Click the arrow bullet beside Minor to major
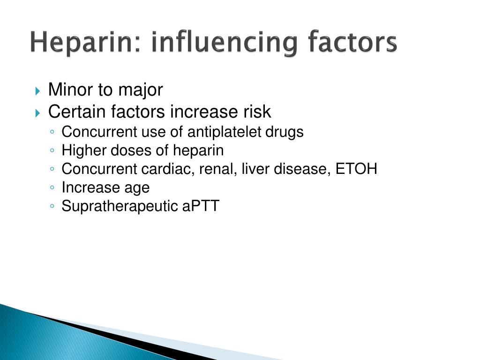tap(37, 91)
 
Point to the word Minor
tap(70, 90)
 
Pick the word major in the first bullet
tap(141, 90)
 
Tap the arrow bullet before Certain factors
tap(37, 113)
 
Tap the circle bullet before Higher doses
tap(52, 150)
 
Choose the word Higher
tap(83, 151)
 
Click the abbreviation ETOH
tap(356, 169)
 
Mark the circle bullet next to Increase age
tap(52, 187)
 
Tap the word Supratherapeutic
tap(120, 206)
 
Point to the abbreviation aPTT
tap(201, 206)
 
